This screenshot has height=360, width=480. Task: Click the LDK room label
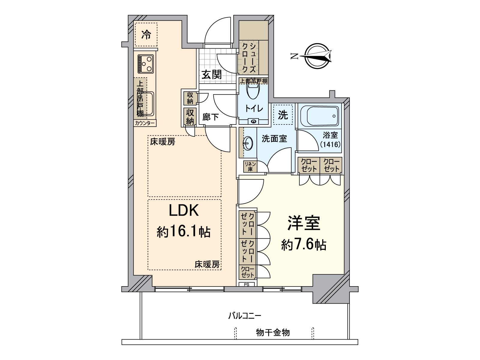point(184,211)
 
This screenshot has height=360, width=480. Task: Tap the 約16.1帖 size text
point(184,232)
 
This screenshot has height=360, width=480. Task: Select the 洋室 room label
point(304,223)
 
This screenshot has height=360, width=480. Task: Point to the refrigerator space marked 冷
point(146,35)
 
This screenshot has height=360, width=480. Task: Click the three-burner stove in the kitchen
point(146,64)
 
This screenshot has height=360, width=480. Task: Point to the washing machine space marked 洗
point(283,114)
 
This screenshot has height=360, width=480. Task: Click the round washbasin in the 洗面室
point(248,143)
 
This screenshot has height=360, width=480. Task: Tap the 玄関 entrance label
point(211,74)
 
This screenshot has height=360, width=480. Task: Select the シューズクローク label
point(249,58)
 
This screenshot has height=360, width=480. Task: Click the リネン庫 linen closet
point(250,166)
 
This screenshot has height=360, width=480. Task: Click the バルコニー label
point(244,316)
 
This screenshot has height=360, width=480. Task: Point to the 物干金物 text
point(273,332)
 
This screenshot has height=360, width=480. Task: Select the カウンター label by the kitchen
point(145,123)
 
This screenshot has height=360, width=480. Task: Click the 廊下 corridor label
point(210,117)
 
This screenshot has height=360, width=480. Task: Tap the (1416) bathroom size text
point(330,144)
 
